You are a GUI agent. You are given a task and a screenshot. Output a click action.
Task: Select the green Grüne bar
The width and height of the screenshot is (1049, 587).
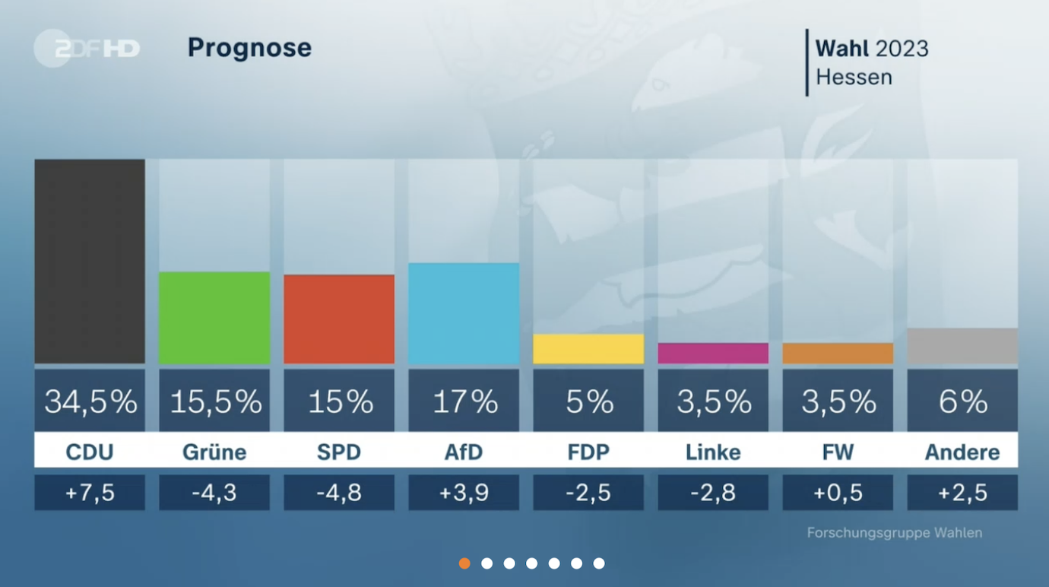pos(214,317)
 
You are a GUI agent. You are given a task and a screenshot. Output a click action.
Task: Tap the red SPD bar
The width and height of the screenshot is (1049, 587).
pos(339,319)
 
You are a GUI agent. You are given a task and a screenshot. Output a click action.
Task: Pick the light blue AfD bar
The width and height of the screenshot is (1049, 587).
pos(464,313)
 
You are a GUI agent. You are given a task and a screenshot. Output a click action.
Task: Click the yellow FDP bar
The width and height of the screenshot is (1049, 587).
pos(588,348)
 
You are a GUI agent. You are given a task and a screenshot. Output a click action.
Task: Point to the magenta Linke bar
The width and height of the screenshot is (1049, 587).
pos(713,353)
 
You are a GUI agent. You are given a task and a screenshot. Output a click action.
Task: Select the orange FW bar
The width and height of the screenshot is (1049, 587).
pos(838,353)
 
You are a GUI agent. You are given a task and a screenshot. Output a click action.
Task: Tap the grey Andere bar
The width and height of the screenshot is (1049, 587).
pos(962,346)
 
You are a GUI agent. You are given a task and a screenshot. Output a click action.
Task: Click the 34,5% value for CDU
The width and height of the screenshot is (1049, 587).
pos(90,401)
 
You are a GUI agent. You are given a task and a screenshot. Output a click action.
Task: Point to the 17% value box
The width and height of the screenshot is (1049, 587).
pos(464,401)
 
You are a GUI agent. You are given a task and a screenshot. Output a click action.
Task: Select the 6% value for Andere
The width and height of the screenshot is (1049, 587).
pos(962,401)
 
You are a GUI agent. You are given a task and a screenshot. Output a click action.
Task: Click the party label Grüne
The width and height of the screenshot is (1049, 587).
pos(214,452)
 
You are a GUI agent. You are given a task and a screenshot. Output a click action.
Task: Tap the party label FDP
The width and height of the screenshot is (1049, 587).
pos(588,452)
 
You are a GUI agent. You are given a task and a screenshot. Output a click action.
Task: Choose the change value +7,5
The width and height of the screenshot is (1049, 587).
pos(90,493)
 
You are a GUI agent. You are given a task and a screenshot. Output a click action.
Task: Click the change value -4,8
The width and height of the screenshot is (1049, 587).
pos(339,493)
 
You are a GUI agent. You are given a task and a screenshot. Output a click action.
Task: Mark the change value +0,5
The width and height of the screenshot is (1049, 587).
pos(838,493)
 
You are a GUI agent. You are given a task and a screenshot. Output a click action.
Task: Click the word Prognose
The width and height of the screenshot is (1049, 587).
pos(249,48)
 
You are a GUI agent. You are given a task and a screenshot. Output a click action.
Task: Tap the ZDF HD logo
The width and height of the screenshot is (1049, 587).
pos(87,49)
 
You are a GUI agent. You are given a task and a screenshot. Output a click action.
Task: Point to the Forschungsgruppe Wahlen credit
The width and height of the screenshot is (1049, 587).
pos(894,533)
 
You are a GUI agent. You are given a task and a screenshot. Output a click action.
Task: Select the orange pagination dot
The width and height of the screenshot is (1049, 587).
pos(464,563)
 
